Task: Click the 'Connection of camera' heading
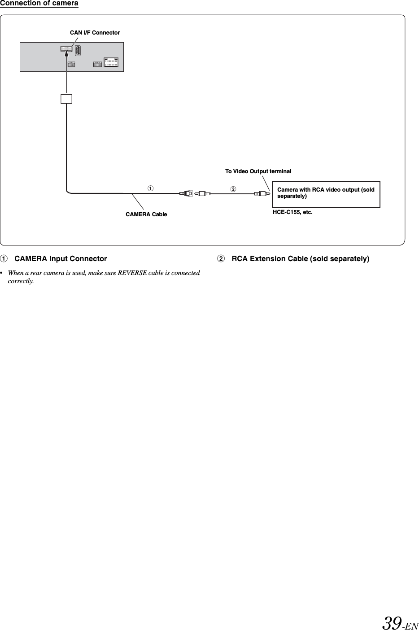[x=39, y=4]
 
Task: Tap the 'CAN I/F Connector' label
[x=95, y=33]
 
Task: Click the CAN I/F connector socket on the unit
[x=66, y=49]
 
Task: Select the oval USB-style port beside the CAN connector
[x=78, y=51]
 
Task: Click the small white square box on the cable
[x=66, y=99]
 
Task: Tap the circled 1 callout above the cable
[x=151, y=188]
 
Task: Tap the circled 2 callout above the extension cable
[x=233, y=188]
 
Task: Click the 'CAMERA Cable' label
[x=146, y=214]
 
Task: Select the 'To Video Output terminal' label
[x=258, y=171]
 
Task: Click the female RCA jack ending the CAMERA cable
[x=186, y=194]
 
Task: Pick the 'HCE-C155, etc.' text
[x=292, y=212]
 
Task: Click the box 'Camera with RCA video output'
[x=326, y=194]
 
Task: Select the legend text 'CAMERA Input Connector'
[x=61, y=259]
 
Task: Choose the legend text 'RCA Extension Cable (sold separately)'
[x=300, y=259]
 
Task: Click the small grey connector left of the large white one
[x=97, y=64]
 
